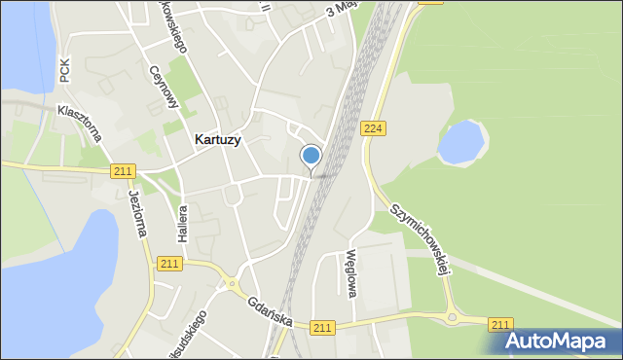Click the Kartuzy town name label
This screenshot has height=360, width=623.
point(218,139)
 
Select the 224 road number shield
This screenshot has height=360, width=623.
point(371,128)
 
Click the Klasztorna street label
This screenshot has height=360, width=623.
point(80,124)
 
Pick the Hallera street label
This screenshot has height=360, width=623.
point(181,227)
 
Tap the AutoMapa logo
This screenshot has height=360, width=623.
point(559,341)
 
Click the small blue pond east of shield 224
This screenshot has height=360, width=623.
point(460,142)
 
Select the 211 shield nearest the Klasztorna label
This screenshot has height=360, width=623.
point(122,171)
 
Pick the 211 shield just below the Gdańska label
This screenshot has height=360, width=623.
point(323,330)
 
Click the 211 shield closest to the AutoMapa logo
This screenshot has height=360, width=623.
point(500,324)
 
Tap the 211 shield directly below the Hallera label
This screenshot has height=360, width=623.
point(169,264)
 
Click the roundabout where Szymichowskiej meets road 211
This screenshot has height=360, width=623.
point(453,316)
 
